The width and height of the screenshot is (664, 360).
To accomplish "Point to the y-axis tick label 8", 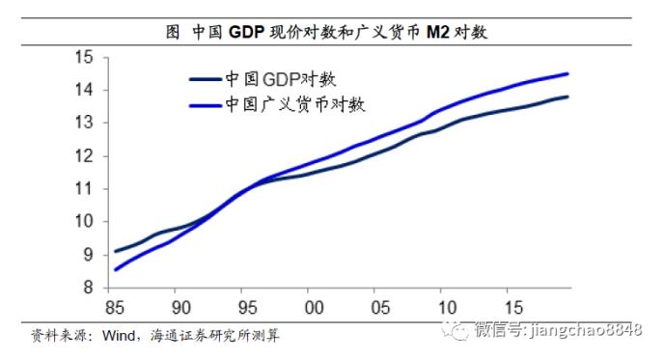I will point(89,288).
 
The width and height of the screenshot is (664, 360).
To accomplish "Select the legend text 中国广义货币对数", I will point(295,103).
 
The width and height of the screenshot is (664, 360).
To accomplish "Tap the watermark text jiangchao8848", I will point(588,331).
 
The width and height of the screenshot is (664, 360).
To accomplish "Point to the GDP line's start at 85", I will point(115,251).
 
